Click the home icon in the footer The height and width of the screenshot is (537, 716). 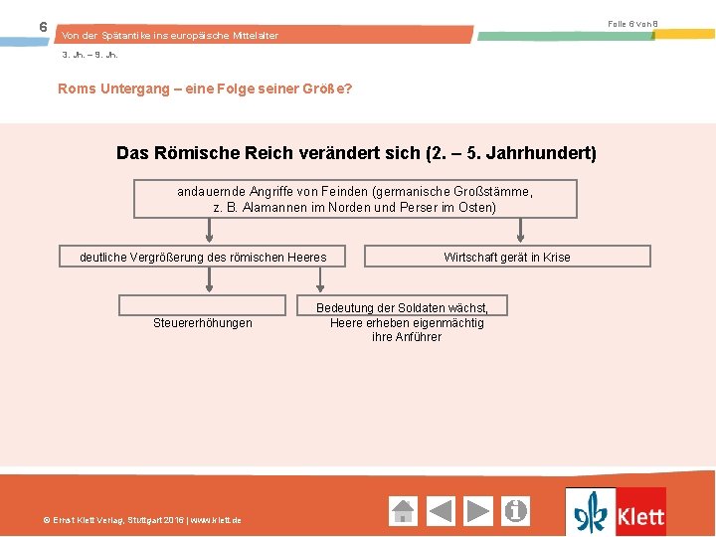(403, 511)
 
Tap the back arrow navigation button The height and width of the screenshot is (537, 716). (441, 511)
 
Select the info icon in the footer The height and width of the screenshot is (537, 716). (516, 511)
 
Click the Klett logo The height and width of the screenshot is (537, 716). (616, 512)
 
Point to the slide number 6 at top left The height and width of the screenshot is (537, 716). (43, 27)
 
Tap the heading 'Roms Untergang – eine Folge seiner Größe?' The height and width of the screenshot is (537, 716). (205, 89)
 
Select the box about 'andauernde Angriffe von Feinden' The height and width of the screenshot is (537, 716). (355, 199)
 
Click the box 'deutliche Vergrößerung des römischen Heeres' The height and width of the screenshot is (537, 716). (203, 257)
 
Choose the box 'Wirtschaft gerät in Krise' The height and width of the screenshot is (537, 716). (507, 257)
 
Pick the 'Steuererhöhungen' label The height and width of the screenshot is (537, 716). (203, 322)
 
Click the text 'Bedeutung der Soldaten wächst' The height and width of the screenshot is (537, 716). (402, 309)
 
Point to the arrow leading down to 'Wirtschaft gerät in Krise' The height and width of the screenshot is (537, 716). (520, 232)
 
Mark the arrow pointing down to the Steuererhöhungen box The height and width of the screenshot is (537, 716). (209, 280)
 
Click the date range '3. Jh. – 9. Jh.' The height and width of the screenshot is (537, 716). (89, 55)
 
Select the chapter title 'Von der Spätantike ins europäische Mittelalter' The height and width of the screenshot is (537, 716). (170, 36)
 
